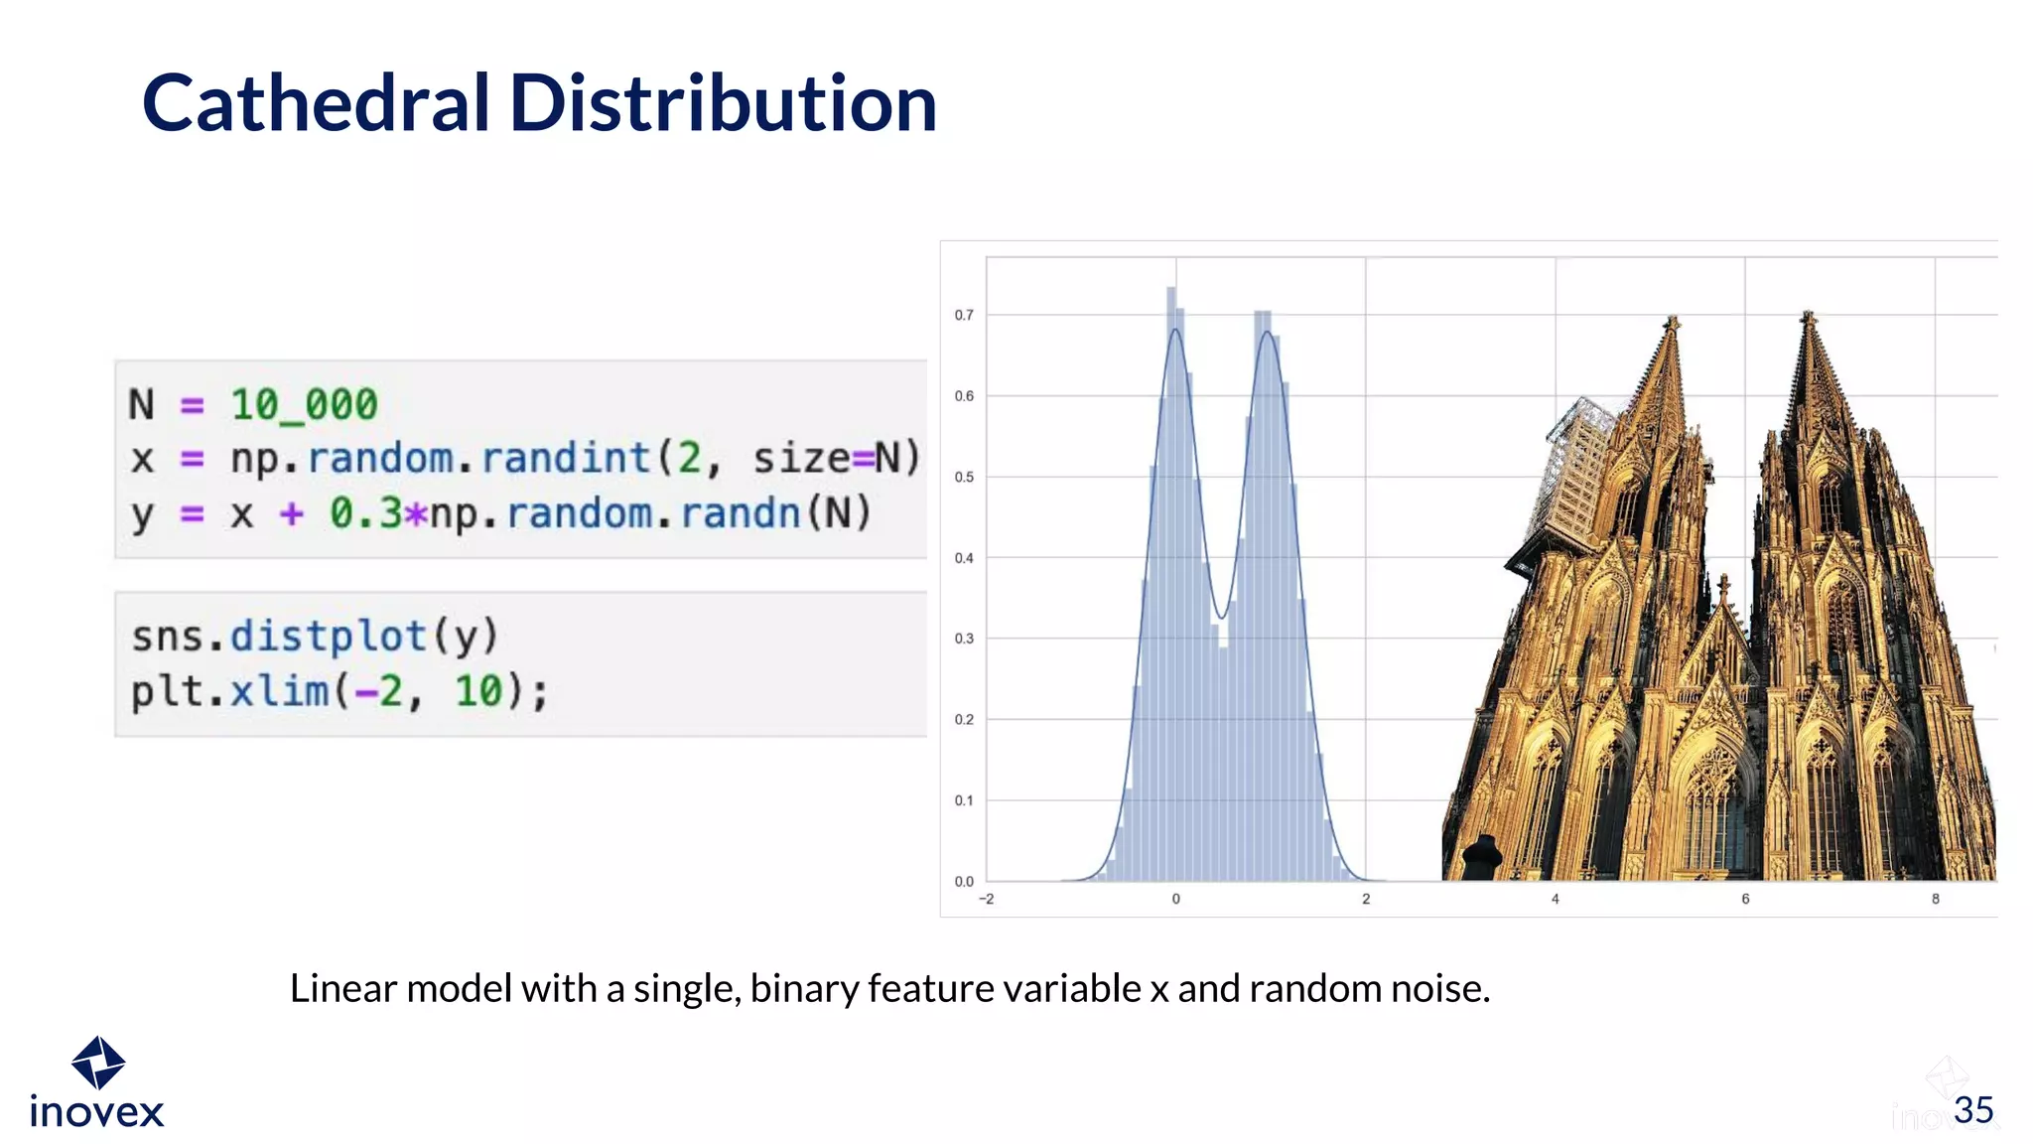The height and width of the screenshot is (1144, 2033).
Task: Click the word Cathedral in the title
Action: [316, 103]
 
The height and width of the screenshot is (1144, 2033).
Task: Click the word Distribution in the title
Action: [723, 103]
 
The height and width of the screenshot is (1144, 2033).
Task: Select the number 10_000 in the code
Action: [304, 405]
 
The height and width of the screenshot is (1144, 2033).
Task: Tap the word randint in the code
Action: [565, 459]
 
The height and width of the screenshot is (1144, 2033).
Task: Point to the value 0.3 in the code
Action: [366, 513]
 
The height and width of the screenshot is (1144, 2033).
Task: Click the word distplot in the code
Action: [329, 637]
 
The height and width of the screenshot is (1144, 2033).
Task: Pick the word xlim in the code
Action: [279, 691]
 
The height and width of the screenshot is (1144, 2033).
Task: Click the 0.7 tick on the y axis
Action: [964, 315]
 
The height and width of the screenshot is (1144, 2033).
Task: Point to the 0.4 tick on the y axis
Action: [964, 558]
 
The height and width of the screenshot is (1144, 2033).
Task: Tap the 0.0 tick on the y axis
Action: [964, 881]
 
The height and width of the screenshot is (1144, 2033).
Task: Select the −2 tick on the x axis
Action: [986, 899]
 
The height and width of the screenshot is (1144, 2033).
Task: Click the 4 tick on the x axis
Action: [1556, 899]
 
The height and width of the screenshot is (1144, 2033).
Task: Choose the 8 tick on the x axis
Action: [1935, 899]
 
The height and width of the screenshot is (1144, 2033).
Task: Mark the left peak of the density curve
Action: [1175, 330]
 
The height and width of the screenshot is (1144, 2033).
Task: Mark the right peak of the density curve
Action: [1267, 332]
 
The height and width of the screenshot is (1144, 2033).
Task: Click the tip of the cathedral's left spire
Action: [1673, 320]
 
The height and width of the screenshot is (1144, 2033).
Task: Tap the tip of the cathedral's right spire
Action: [1808, 315]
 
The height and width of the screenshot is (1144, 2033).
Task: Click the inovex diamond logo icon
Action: [98, 1063]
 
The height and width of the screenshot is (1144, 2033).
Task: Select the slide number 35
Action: [1973, 1110]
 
